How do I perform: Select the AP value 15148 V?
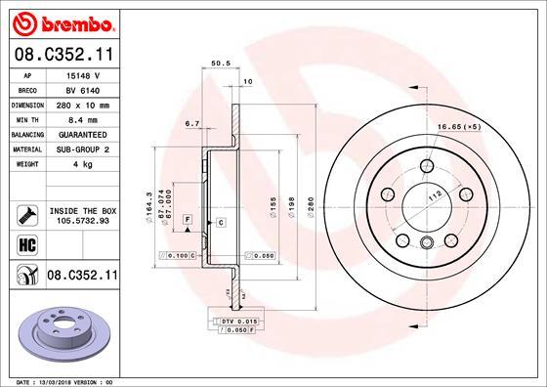(82, 75)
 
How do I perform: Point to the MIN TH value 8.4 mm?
(82, 119)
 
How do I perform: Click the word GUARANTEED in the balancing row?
(82, 134)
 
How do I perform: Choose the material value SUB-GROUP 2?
(82, 149)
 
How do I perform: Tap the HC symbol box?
(25, 244)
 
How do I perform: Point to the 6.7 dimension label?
(191, 124)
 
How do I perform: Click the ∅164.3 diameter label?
(148, 206)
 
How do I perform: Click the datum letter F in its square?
(185, 217)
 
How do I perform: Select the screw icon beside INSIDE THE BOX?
(25, 214)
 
